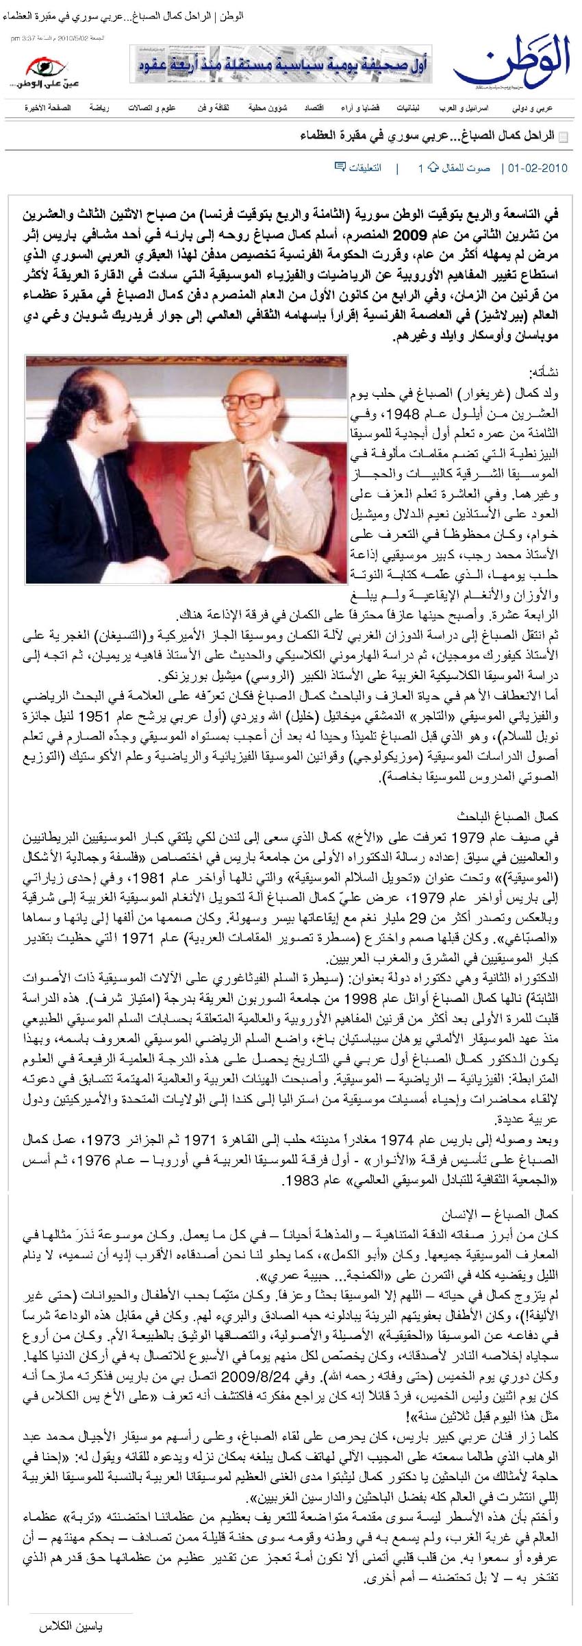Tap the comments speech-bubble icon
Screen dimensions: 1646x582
click(x=340, y=167)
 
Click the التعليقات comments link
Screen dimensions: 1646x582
click(x=366, y=168)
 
